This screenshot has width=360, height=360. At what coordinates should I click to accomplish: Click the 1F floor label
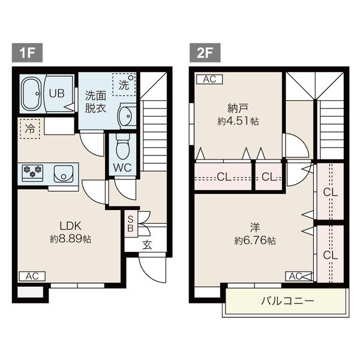click(27, 53)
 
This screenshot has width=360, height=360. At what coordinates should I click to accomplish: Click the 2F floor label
click(205, 53)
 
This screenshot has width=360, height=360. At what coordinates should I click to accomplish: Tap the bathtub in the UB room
click(32, 94)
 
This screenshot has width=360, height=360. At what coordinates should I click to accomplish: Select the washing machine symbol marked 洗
click(124, 85)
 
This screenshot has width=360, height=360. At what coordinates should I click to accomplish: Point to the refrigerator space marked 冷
click(30, 128)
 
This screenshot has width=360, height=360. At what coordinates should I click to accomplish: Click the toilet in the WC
click(122, 146)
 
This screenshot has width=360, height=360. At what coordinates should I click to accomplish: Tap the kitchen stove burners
click(32, 171)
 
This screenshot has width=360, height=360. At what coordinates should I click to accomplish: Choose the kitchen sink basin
click(64, 173)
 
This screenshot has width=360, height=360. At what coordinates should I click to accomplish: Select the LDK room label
click(70, 226)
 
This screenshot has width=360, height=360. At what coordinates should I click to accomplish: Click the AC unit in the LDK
click(32, 276)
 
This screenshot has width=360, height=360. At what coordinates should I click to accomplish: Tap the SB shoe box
click(131, 224)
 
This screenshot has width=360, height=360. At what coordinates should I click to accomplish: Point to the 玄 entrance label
click(147, 245)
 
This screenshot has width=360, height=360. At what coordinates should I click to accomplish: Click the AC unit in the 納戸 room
click(209, 79)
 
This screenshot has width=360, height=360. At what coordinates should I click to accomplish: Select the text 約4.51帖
click(238, 121)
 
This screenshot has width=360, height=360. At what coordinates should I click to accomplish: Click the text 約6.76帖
click(255, 241)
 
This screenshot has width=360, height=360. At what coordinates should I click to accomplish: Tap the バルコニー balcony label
click(287, 301)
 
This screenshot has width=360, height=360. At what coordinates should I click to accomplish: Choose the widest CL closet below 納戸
click(223, 177)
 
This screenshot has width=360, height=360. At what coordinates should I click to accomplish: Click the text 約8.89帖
click(70, 239)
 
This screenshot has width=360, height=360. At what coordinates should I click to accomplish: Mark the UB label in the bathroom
click(57, 93)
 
